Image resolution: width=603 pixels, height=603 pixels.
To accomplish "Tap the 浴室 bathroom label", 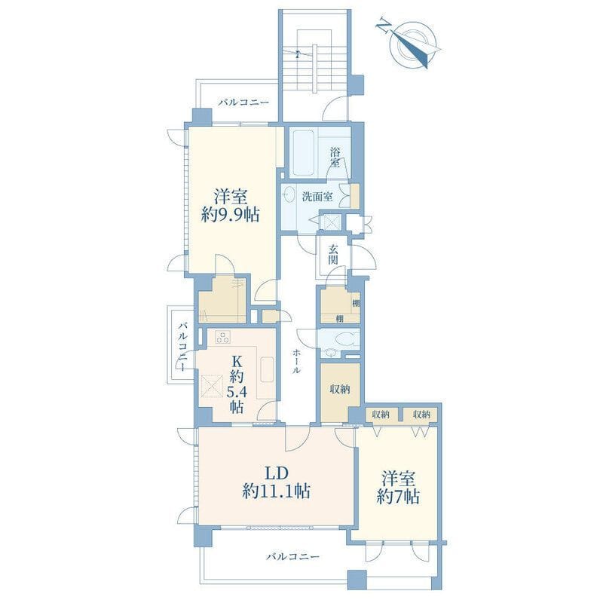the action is click(x=335, y=158).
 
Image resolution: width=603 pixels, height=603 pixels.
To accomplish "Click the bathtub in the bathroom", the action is click(x=305, y=153).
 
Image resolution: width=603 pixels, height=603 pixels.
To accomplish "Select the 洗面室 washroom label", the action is click(x=317, y=197).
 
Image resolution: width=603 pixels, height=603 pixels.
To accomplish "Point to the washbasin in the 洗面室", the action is click(x=289, y=195).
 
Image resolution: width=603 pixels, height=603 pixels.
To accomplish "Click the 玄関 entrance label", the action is click(x=333, y=254).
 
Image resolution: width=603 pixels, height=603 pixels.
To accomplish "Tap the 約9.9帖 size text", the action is click(x=231, y=215).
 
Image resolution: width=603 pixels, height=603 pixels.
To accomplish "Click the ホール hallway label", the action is click(x=296, y=362).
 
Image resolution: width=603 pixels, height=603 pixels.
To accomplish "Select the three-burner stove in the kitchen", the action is click(x=223, y=337).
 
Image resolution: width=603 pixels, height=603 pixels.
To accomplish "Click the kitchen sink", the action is click(x=268, y=369).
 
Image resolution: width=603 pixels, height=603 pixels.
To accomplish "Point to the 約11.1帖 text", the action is click(x=277, y=491).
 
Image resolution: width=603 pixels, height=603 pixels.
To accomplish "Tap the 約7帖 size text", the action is click(x=399, y=497).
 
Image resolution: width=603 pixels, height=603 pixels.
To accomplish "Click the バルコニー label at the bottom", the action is click(x=293, y=556).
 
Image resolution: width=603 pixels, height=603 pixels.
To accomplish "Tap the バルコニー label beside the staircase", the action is click(x=243, y=103).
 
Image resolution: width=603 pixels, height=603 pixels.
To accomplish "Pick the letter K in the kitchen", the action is click(x=237, y=363).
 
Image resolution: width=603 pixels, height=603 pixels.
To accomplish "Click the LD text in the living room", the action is click(x=276, y=473).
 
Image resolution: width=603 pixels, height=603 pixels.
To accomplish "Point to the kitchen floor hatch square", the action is click(x=213, y=386).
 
